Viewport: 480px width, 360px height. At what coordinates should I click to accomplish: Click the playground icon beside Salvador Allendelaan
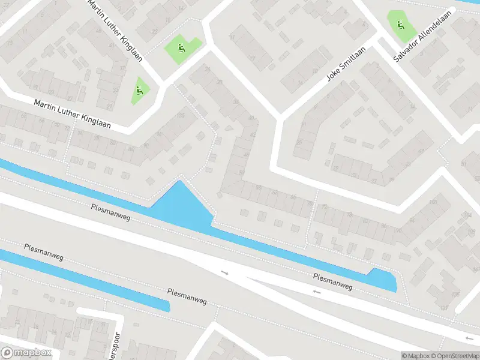tap(401, 25)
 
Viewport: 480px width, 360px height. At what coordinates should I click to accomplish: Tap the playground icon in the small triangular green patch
tap(140, 91)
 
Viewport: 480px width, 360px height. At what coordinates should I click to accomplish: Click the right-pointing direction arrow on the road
tap(225, 273)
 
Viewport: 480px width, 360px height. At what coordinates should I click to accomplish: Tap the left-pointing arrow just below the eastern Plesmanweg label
tap(316, 292)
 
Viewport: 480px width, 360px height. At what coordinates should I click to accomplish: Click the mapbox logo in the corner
tap(26, 353)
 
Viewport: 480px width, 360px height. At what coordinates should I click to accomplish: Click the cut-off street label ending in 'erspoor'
tap(114, 344)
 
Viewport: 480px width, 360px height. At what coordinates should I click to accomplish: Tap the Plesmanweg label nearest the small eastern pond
tap(332, 282)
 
